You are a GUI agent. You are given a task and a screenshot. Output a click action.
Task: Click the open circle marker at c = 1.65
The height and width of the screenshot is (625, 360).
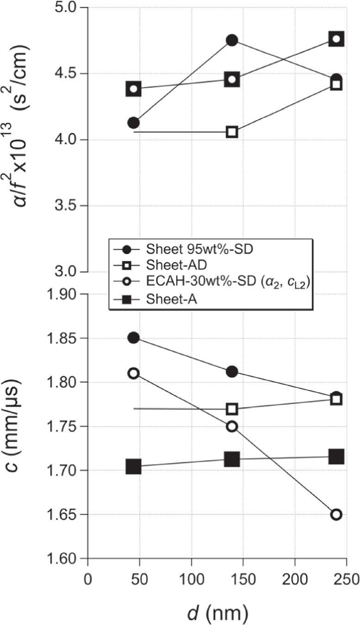[336, 514]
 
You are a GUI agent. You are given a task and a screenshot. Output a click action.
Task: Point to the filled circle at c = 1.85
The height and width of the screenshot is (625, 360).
[134, 338]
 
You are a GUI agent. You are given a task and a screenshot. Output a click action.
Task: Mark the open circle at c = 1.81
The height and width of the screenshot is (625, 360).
[134, 373]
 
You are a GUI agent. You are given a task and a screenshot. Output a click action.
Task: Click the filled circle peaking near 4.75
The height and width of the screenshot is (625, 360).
[232, 40]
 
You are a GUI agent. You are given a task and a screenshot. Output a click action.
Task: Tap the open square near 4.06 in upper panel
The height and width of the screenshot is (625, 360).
[232, 132]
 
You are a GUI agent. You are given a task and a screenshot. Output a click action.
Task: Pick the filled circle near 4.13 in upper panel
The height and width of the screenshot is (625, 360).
[134, 123]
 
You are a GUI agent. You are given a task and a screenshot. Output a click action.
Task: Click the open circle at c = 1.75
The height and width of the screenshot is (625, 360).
[232, 427]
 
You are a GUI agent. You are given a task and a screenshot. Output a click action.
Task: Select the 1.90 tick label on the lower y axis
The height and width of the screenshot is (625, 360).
[65, 294]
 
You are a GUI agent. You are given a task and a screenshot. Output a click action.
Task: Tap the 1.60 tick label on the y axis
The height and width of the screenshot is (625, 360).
[65, 558]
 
